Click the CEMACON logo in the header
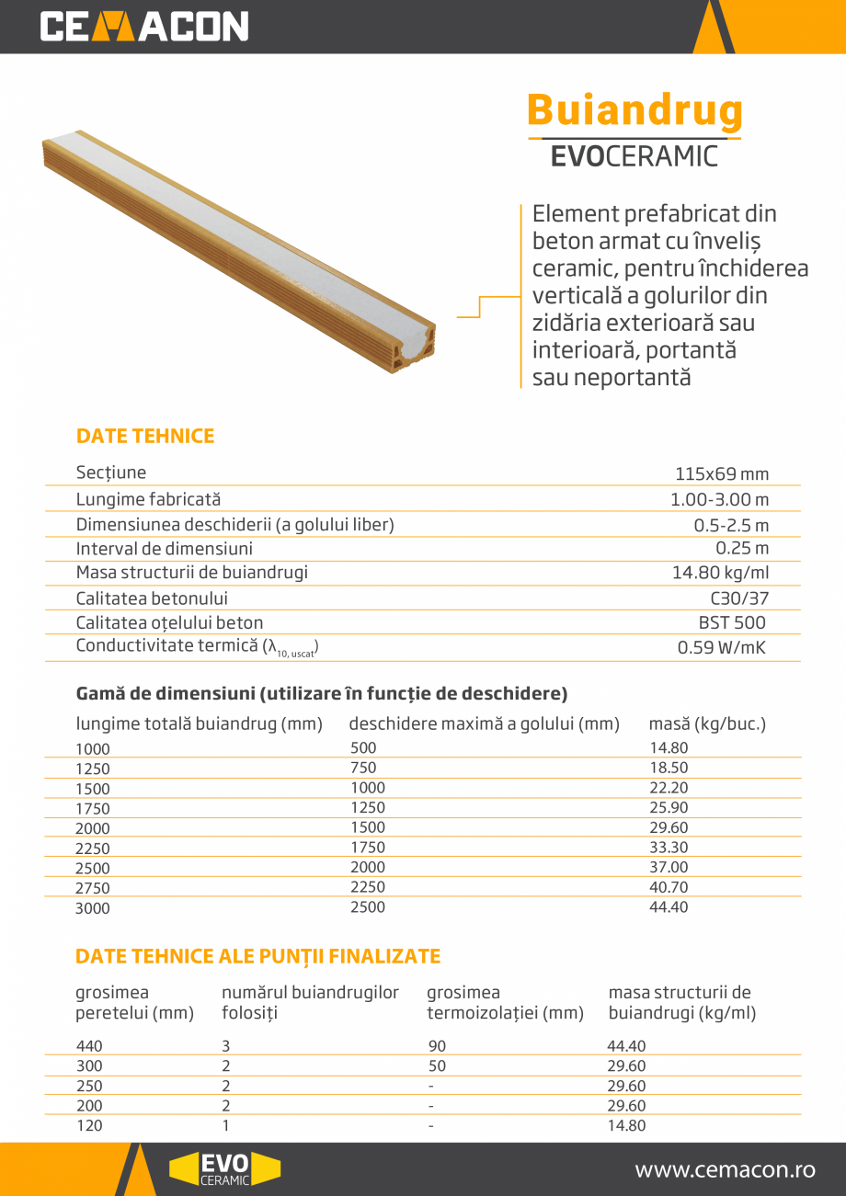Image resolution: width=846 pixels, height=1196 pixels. click(x=144, y=27)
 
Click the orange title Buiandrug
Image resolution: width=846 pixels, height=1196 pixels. click(x=634, y=110)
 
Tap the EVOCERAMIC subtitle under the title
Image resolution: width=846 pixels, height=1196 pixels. click(x=634, y=156)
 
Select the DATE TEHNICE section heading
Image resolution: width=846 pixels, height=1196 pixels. click(x=145, y=437)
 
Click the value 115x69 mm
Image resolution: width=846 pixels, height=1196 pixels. click(x=722, y=474)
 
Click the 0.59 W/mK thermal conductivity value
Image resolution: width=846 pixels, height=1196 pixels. click(x=722, y=647)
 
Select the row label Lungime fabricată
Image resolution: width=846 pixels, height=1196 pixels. click(x=148, y=499)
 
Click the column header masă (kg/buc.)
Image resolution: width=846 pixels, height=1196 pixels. click(x=707, y=724)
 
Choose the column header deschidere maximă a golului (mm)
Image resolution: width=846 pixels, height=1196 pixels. click(x=484, y=724)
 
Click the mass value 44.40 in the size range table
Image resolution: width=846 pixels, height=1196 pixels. click(x=669, y=907)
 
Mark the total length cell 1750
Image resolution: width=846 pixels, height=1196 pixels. click(x=93, y=809)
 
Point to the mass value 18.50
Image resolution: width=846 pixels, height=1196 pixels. click(x=669, y=768)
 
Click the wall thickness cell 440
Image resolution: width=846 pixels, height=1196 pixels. click(x=89, y=1046)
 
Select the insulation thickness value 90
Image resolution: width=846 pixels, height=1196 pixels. click(x=437, y=1046)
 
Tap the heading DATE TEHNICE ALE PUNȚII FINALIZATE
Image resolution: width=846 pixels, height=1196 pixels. click(x=257, y=957)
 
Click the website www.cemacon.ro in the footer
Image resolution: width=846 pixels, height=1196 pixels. click(x=726, y=1170)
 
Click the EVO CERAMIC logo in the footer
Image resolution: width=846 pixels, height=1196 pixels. click(x=224, y=1169)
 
